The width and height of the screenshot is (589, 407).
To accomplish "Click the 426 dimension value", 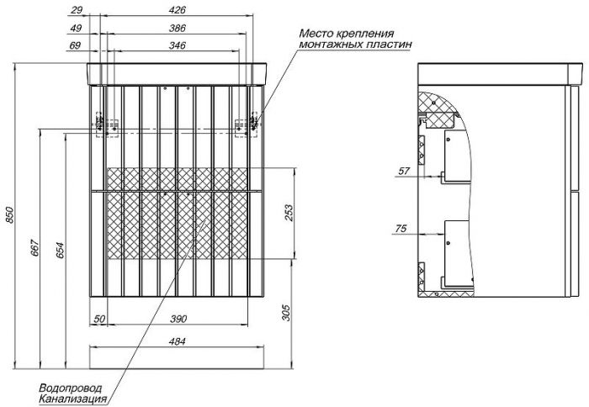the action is [177, 10].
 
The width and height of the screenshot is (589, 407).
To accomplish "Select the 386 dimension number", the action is [177, 28].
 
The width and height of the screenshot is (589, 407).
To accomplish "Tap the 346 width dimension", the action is [177, 45].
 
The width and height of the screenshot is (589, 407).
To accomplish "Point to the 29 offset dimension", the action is [77, 10].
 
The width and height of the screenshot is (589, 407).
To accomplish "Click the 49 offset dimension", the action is [76, 28].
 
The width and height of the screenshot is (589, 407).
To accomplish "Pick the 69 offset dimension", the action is [75, 45].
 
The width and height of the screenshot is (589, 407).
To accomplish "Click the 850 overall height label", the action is [9, 214].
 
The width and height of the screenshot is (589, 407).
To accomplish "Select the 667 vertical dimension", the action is [34, 248].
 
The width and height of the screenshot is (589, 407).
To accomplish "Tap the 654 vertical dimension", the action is [60, 251].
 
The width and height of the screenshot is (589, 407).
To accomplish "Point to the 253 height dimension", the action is [289, 213].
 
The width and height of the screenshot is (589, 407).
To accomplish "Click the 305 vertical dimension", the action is [286, 312].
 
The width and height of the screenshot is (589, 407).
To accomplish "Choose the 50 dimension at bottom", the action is [99, 320].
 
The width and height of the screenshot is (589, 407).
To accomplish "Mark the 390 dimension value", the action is [178, 320].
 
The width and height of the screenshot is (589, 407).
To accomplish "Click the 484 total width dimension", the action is [177, 341].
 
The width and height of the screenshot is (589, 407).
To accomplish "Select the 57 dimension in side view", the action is [403, 172].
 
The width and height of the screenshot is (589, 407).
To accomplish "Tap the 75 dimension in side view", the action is [401, 228].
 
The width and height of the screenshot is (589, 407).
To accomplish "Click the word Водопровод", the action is [70, 388].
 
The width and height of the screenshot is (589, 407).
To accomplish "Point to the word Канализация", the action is [73, 399].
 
